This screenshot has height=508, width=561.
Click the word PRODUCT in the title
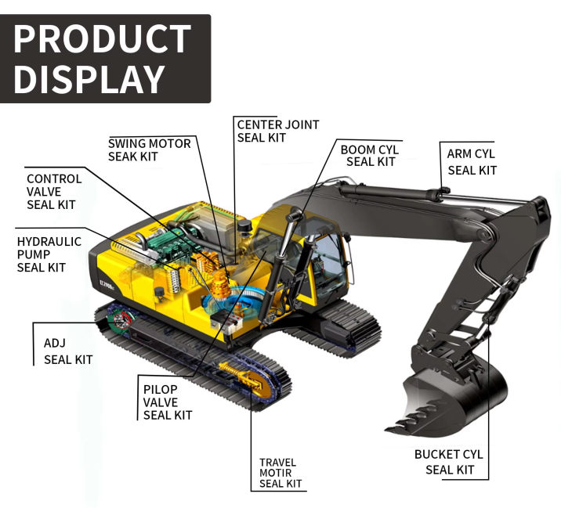103,39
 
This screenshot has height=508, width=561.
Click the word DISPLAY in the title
89,79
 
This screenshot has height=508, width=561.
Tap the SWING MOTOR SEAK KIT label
149,150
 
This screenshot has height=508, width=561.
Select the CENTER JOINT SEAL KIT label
278,131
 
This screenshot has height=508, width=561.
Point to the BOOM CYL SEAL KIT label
370,155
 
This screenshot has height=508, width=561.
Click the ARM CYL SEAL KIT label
472,161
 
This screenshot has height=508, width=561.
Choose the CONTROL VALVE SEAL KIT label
53,191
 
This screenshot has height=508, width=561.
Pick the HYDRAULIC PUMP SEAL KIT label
49,254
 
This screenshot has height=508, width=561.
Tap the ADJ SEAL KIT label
67,351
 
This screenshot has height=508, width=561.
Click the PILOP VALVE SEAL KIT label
167,402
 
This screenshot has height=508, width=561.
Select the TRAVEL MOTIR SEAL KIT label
280,473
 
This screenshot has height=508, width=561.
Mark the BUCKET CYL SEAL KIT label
449,462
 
